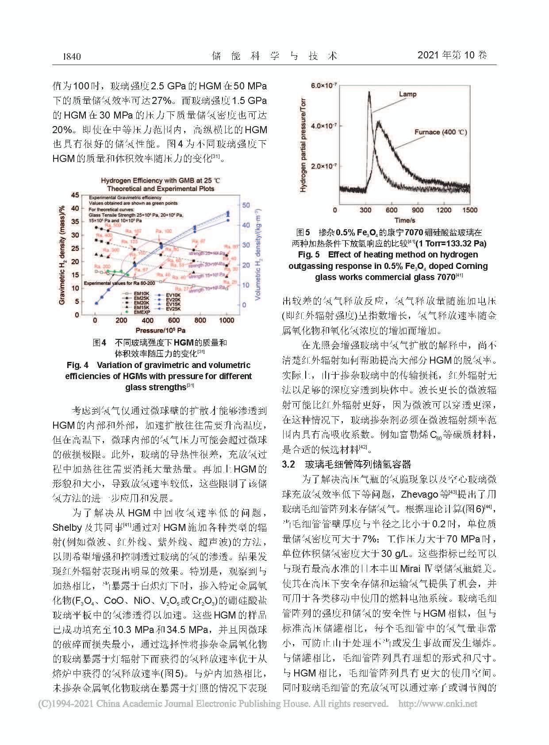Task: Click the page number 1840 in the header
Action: (x=71, y=56)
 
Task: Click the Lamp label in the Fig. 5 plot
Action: (x=407, y=94)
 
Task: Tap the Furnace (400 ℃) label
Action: (x=441, y=132)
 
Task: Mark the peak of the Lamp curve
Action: (x=369, y=92)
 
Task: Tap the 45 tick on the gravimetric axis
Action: (x=76, y=195)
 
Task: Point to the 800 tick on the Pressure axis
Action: (x=200, y=321)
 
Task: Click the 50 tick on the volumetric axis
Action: (x=246, y=205)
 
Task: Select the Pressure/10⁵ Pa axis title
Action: (x=160, y=330)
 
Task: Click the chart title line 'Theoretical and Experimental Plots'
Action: (x=161, y=188)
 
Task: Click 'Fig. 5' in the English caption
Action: (x=309, y=254)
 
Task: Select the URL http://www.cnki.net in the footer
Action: (x=438, y=704)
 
